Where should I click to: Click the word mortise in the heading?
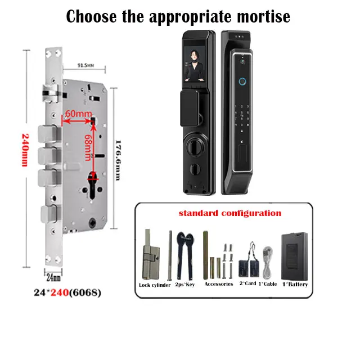[x=258, y=16]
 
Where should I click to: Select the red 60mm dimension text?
[x=79, y=115]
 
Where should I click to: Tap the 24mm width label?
[x=52, y=277]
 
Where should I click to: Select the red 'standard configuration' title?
[x=229, y=214]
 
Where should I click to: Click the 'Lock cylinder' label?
[x=155, y=285]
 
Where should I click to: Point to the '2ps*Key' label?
[x=184, y=285]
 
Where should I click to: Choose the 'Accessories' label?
[x=219, y=284]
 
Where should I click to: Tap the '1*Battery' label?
[x=295, y=284]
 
